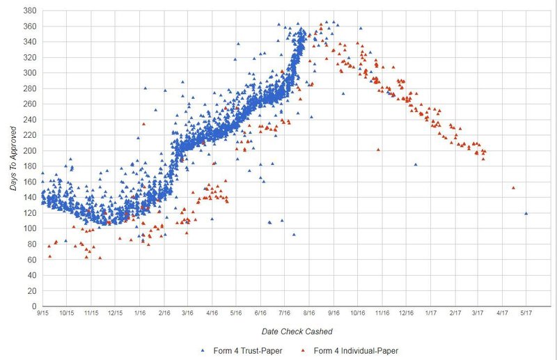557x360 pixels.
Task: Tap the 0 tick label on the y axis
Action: point(34,306)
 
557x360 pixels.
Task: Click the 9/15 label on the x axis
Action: point(43,314)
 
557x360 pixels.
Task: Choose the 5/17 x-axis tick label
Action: point(526,314)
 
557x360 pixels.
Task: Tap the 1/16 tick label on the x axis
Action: point(140,314)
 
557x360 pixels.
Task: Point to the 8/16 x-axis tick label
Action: point(309,314)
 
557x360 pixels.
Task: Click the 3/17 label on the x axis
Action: point(478,314)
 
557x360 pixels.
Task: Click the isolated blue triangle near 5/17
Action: point(526,213)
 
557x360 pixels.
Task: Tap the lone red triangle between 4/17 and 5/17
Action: point(513,187)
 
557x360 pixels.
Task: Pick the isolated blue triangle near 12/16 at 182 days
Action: point(416,164)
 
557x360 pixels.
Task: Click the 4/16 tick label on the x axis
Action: point(212,314)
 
